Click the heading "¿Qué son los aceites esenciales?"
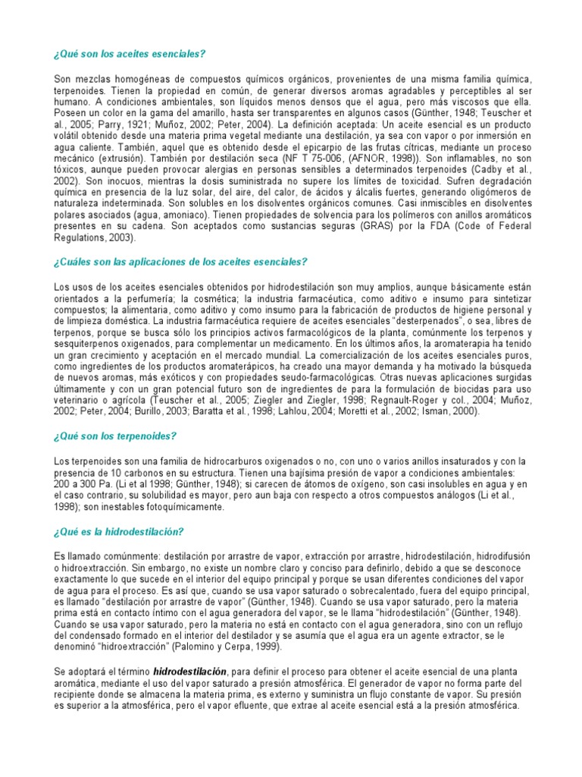click(x=130, y=55)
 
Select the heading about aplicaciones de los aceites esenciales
click(x=180, y=262)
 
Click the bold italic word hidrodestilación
click(x=189, y=672)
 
